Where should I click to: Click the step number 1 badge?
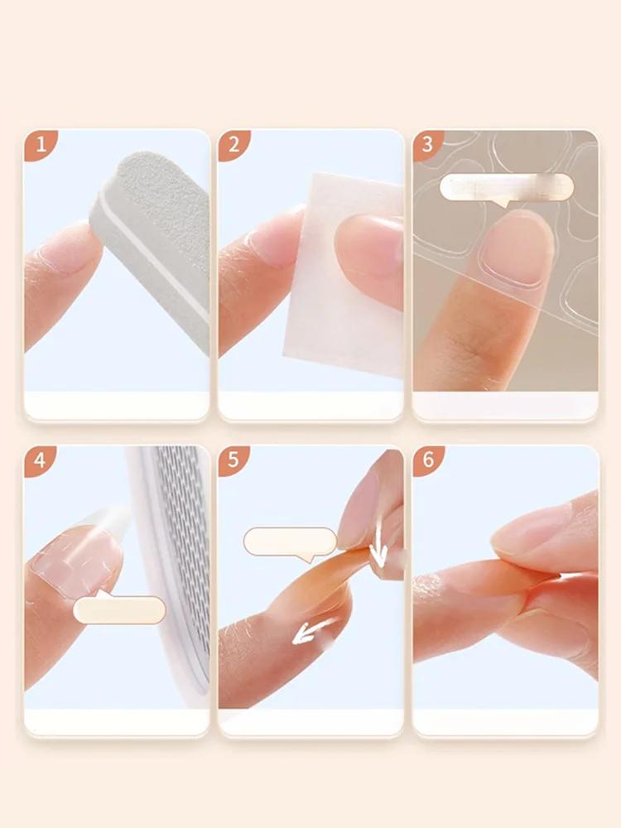pos(39,144)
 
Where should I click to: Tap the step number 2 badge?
pos(233,144)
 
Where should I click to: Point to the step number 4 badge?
pos(39,460)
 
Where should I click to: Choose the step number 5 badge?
pos(233,460)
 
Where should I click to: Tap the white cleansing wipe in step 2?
pos(338,275)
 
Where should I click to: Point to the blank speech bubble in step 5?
pos(290,542)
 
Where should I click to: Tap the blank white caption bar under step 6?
pos(506,721)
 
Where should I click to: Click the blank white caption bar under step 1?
pos(117,405)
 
